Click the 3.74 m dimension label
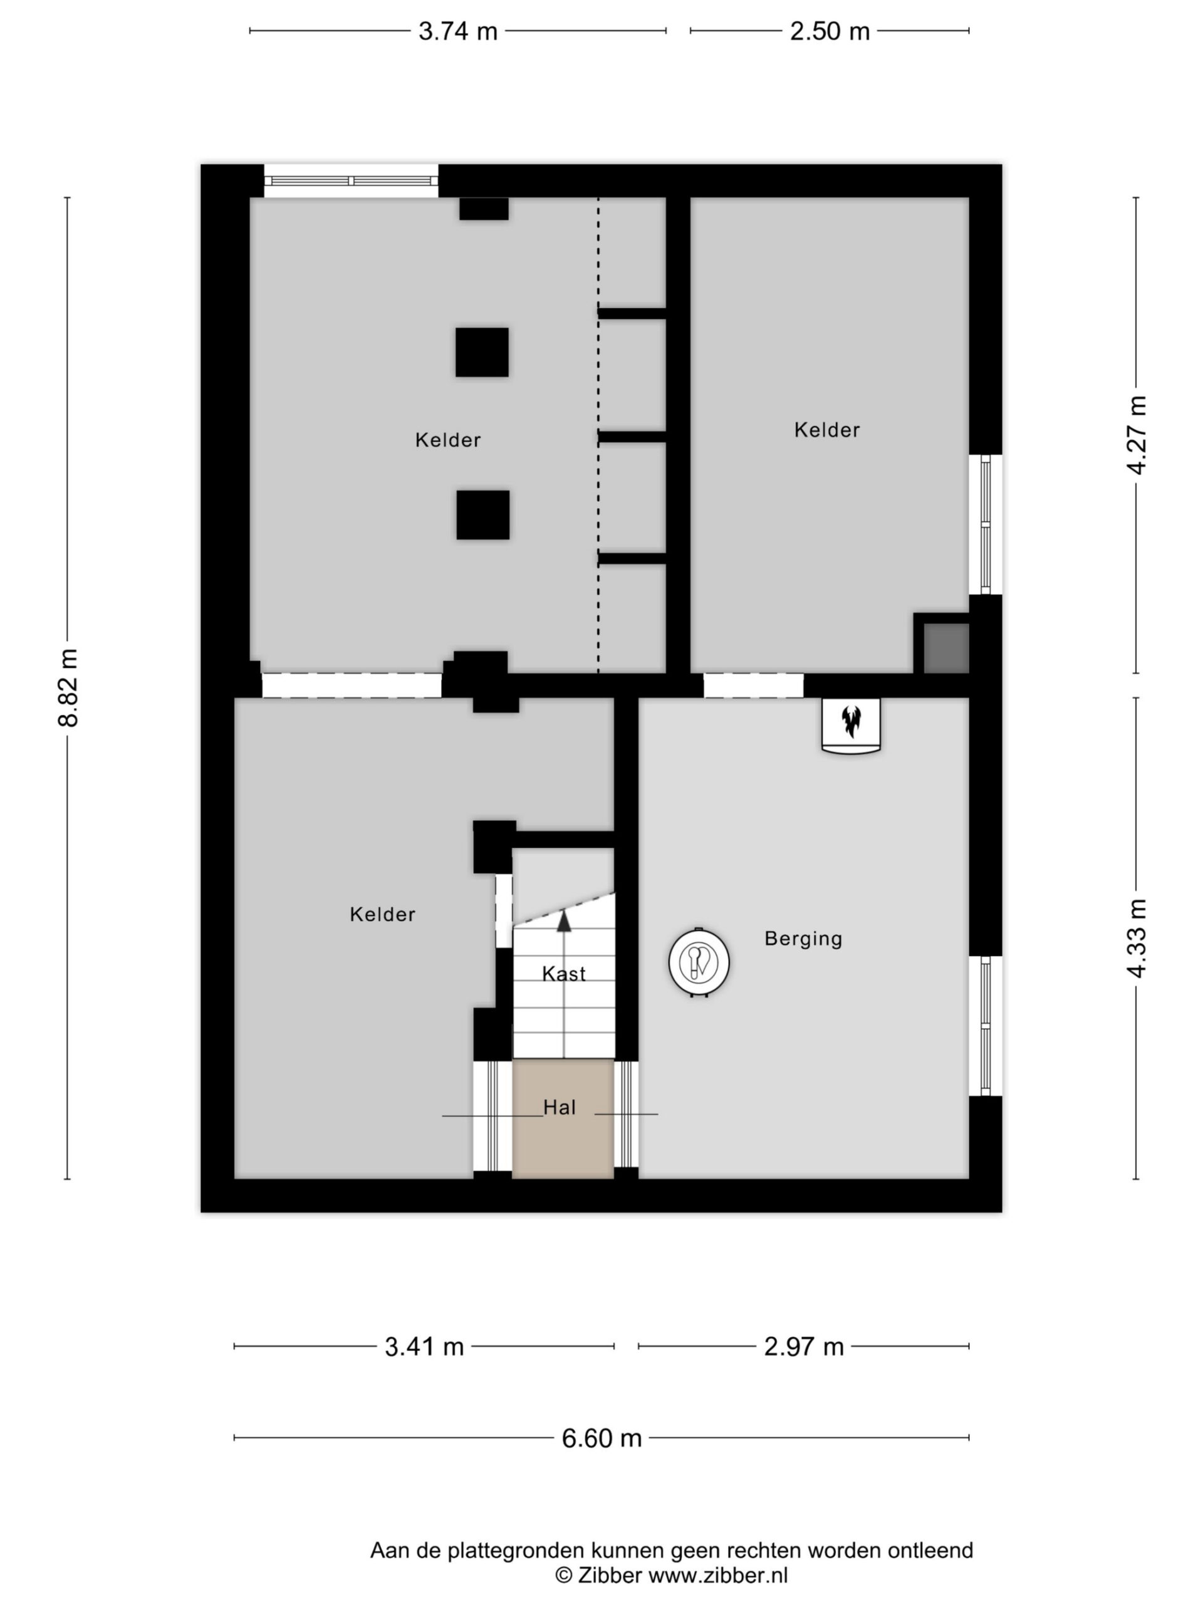pyautogui.click(x=457, y=31)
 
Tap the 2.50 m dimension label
pyautogui.click(x=830, y=31)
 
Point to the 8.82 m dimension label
pyautogui.click(x=68, y=687)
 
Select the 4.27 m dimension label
pyautogui.click(x=1137, y=435)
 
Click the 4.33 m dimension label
pyautogui.click(x=1137, y=939)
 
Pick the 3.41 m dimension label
pyautogui.click(x=424, y=1347)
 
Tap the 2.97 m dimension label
pyautogui.click(x=804, y=1347)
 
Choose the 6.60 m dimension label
pyautogui.click(x=602, y=1438)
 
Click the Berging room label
pyautogui.click(x=803, y=939)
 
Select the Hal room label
pyautogui.click(x=560, y=1107)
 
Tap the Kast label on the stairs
pyautogui.click(x=564, y=974)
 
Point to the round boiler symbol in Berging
pyautogui.click(x=699, y=962)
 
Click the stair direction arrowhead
pyautogui.click(x=563, y=921)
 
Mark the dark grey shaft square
pyautogui.click(x=946, y=648)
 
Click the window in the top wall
pyautogui.click(x=351, y=180)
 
